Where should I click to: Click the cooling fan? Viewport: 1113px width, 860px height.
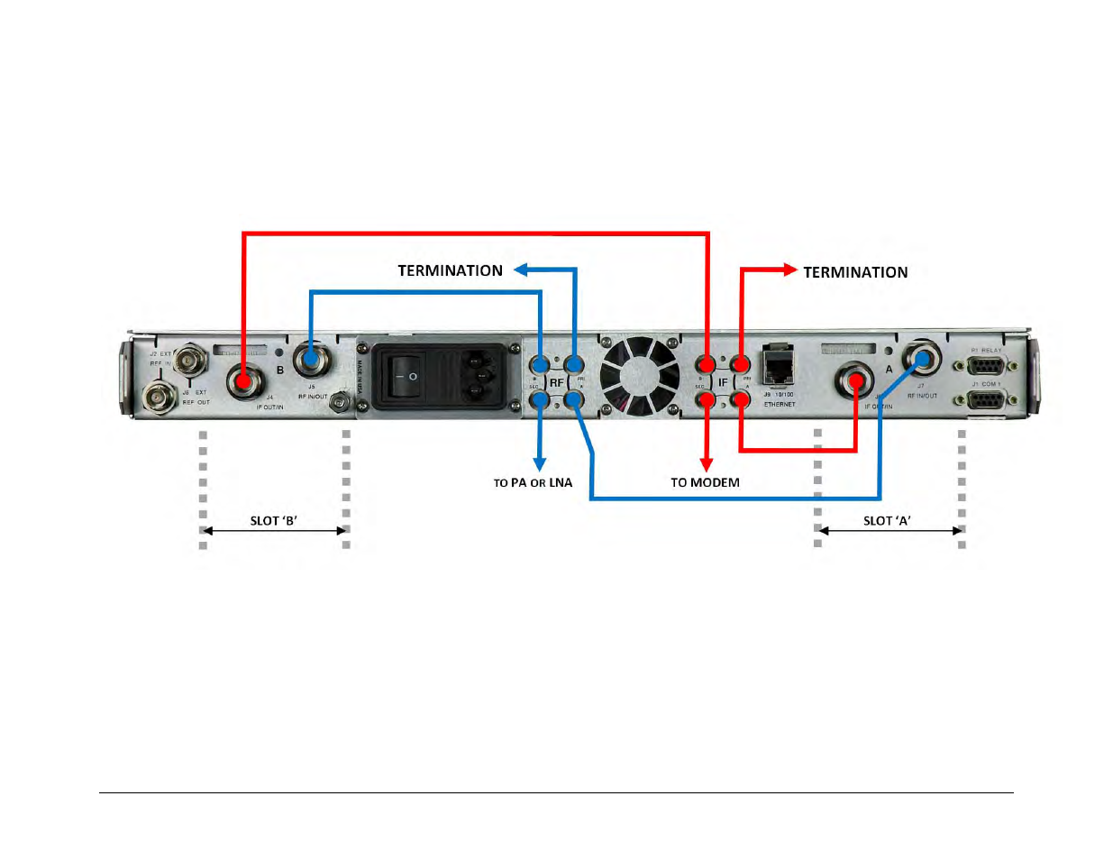tap(640, 376)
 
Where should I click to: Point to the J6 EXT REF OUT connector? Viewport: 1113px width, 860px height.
tap(160, 396)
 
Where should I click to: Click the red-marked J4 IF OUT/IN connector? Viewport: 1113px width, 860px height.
tap(242, 381)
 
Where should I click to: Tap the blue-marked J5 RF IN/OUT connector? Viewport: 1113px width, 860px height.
tap(310, 360)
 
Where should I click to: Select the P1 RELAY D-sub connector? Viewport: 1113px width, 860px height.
tap(987, 365)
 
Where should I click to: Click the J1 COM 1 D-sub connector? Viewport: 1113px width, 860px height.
tap(987, 399)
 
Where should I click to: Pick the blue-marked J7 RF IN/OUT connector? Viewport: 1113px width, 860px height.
tap(921, 360)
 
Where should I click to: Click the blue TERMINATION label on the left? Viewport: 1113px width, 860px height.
tap(450, 270)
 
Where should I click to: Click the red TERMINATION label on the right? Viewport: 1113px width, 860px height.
tap(855, 272)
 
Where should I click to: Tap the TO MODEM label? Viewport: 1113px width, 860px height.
tap(705, 482)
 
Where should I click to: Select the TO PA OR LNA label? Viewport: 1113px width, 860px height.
tap(533, 483)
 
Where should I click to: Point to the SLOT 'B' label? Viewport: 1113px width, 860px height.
tap(274, 520)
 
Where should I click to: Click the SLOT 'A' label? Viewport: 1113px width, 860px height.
tap(887, 520)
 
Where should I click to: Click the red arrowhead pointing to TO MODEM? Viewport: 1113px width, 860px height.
tap(707, 463)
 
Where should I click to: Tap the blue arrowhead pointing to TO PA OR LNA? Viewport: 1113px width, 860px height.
tap(539, 463)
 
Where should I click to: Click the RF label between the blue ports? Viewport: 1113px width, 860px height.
tap(556, 382)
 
